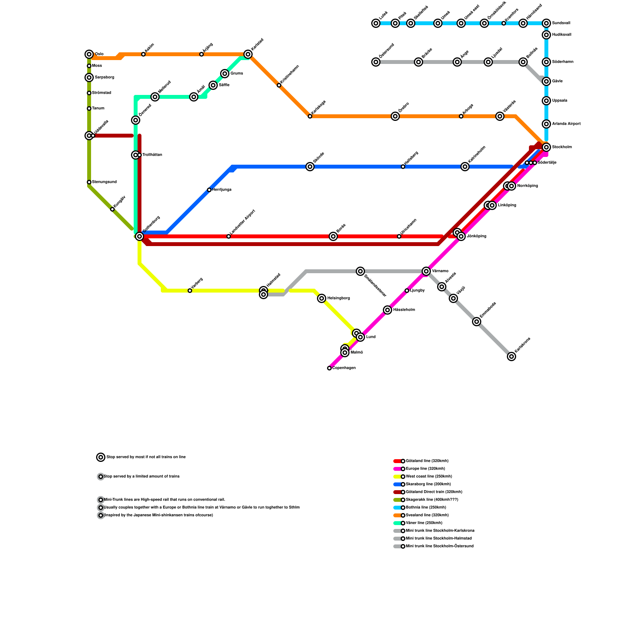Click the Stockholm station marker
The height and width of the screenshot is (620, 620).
546,147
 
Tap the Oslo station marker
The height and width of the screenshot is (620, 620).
89,54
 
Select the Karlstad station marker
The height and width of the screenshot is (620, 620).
248,54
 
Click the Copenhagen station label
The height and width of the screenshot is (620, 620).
344,368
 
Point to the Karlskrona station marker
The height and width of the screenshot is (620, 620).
511,356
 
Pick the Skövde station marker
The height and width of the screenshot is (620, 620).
310,167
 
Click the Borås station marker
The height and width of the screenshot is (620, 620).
333,236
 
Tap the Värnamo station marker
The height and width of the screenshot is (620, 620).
426,271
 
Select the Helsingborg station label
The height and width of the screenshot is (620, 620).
338,298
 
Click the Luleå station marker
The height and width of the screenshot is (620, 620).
376,23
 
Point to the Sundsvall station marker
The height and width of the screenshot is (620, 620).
546,23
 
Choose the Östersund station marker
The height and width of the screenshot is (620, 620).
376,62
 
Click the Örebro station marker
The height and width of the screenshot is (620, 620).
395,116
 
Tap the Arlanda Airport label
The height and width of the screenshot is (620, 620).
566,124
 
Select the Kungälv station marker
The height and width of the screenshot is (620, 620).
112,209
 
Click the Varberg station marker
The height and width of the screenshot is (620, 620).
190,291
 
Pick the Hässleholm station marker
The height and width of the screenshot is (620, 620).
387,310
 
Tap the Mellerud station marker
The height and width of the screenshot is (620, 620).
155,97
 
